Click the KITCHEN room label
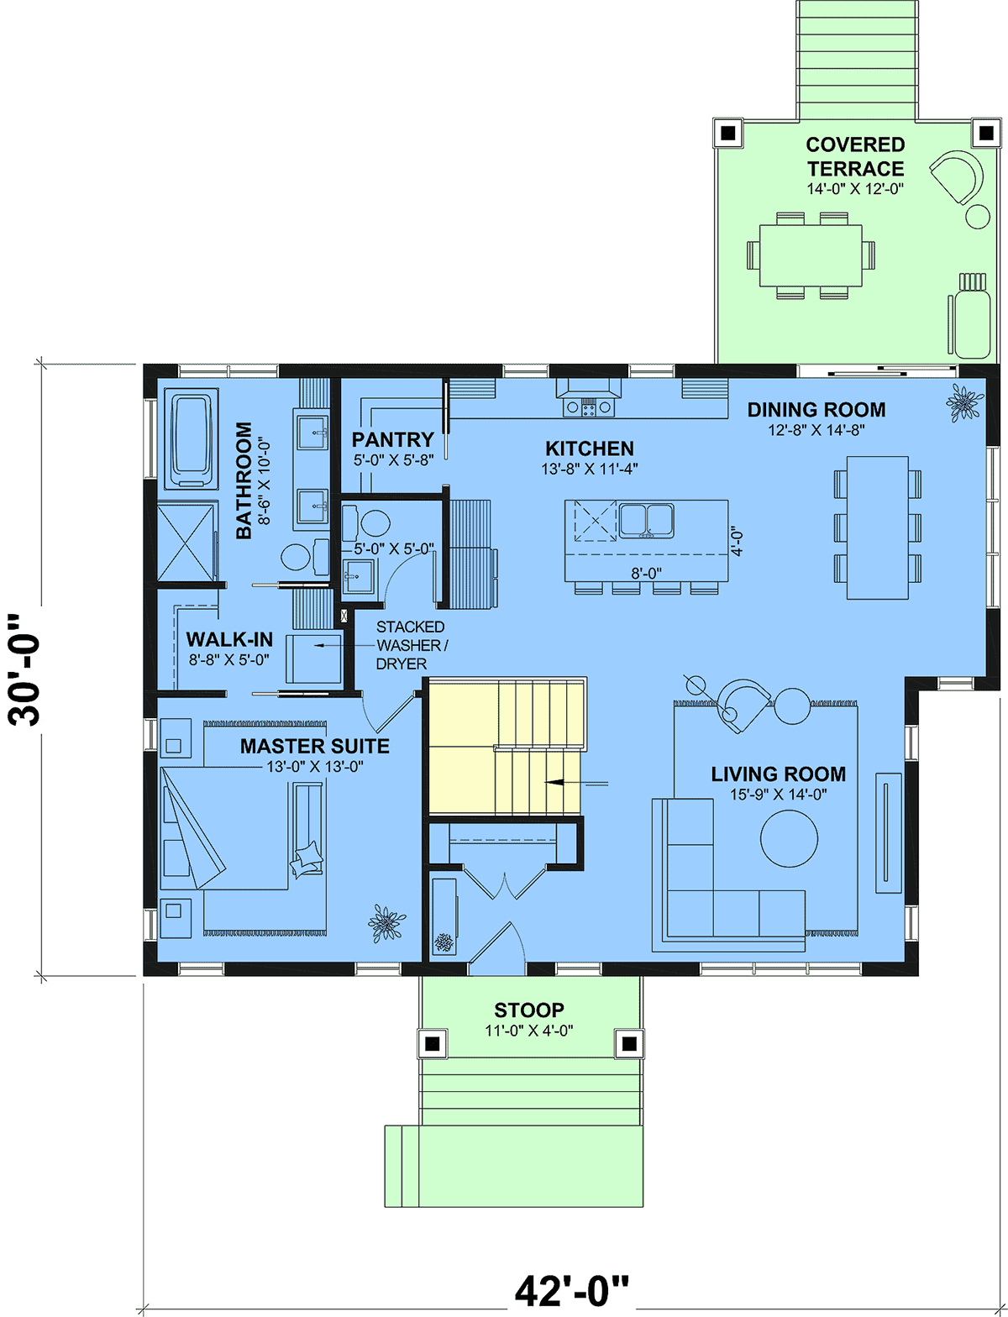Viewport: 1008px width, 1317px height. [x=589, y=449]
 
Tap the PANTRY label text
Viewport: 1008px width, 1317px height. [x=392, y=440]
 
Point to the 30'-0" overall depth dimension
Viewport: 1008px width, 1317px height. [x=24, y=669]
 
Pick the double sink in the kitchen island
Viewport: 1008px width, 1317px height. [x=646, y=520]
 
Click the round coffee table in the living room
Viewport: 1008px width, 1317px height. [x=789, y=838]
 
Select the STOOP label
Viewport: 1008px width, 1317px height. [x=528, y=1010]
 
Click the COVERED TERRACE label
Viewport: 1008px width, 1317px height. [x=855, y=156]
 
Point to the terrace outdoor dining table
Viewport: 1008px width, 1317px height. [x=811, y=255]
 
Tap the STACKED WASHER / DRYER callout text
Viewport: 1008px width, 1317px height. [x=412, y=645]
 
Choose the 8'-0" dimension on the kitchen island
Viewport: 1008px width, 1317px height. [x=646, y=574]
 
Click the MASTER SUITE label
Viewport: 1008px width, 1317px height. [x=314, y=746]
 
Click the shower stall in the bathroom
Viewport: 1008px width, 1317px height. [x=186, y=543]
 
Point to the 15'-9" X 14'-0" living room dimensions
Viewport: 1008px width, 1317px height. [x=778, y=795]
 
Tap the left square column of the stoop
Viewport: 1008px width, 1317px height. [x=432, y=1044]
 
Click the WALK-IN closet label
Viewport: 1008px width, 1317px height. [x=229, y=639]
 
